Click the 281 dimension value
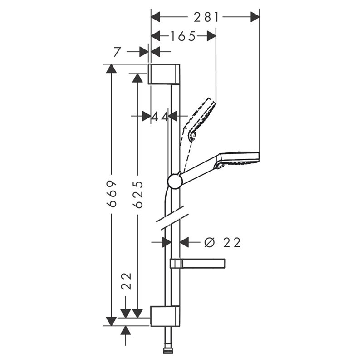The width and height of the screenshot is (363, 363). click(206, 17)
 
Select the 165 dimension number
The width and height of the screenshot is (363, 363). click(183, 36)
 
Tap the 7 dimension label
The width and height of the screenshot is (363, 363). click(117, 52)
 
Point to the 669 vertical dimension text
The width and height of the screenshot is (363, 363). click(111, 194)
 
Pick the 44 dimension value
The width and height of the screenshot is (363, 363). click(160, 117)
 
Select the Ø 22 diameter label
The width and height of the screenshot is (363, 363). click(222, 243)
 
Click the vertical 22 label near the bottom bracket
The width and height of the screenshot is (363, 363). click(127, 281)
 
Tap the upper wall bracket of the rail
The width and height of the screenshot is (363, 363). click(164, 74)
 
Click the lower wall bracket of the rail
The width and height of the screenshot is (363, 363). click(165, 316)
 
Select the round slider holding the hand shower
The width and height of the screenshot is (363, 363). click(175, 181)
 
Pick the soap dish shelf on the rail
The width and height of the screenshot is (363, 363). click(197, 264)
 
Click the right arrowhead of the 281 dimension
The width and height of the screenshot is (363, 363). click(255, 17)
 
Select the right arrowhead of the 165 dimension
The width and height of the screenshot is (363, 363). click(211, 36)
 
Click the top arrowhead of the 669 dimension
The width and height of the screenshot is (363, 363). click(111, 69)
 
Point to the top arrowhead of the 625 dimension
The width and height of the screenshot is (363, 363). click(137, 78)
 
